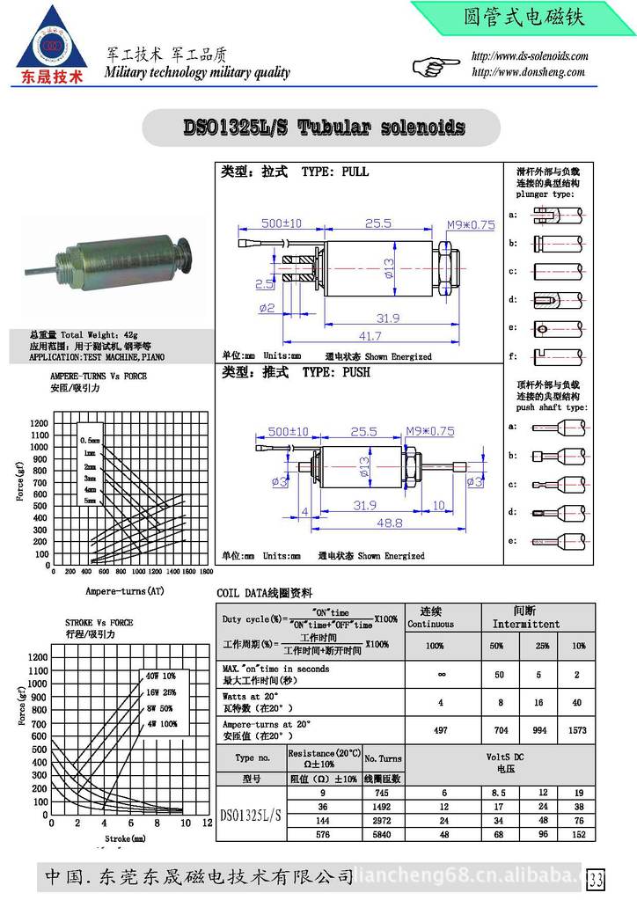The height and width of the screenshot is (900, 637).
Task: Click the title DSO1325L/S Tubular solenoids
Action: click(x=323, y=128)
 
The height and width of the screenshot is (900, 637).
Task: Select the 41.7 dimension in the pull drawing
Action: click(x=370, y=336)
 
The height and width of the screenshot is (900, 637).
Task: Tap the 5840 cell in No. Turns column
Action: click(x=383, y=834)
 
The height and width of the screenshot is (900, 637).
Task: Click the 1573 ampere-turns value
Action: click(x=577, y=729)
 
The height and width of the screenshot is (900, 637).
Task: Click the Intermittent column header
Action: click(x=525, y=624)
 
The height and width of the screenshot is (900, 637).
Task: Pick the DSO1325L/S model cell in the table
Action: click(x=251, y=815)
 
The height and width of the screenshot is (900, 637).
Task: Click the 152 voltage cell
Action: click(x=577, y=834)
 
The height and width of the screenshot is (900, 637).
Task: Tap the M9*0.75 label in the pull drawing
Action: click(x=471, y=225)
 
